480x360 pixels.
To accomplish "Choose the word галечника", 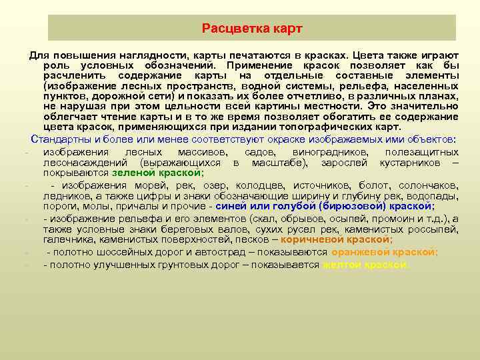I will coord(65,239).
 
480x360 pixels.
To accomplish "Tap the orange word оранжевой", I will coord(359,252).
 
